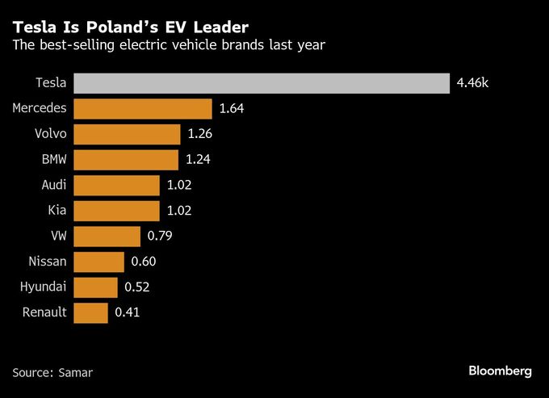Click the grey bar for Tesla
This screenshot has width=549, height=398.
(x=262, y=83)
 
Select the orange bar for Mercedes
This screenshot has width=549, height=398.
(x=143, y=109)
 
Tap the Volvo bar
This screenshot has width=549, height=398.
(x=127, y=134)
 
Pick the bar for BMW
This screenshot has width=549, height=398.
(x=126, y=159)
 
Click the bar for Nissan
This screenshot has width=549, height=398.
(x=98, y=262)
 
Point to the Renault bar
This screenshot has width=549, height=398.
(x=90, y=312)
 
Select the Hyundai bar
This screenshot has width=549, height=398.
(x=95, y=287)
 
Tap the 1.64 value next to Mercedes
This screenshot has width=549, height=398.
(x=232, y=109)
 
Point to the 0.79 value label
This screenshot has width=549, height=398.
(x=160, y=237)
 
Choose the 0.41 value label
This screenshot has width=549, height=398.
(x=128, y=312)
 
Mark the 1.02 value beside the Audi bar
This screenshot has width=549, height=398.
(x=180, y=185)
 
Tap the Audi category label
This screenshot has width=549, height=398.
(x=54, y=185)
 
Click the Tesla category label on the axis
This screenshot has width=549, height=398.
(x=51, y=83)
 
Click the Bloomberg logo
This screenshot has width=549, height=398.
(x=500, y=371)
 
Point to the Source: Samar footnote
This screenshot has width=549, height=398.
(x=52, y=372)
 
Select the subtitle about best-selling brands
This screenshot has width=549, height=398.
(x=169, y=45)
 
